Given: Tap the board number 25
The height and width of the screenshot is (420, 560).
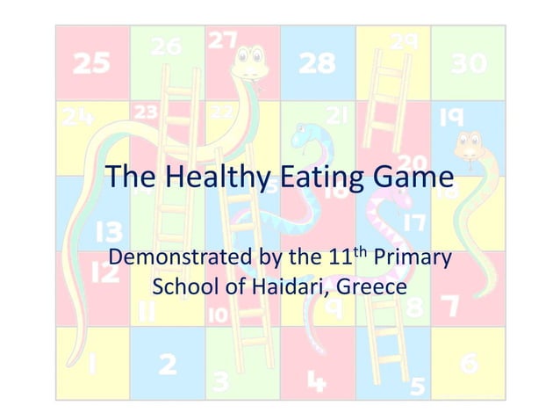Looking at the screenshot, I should pos(91,63).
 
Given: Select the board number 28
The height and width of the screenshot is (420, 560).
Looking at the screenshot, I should pos(317,63).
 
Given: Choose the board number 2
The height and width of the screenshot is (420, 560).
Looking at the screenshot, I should pos(167,363).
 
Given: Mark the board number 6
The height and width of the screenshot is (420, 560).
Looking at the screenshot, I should pos(469,363).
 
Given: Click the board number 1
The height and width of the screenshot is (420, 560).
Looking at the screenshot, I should pos(92,363).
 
